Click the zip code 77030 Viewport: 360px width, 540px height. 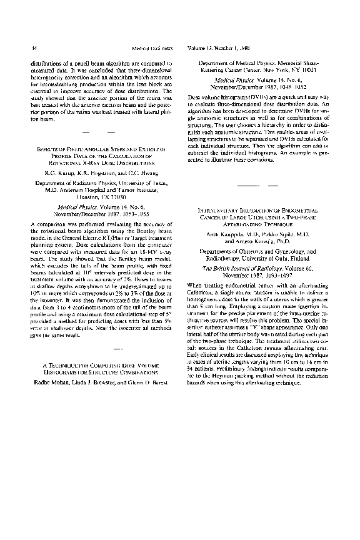[x=112, y=196]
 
